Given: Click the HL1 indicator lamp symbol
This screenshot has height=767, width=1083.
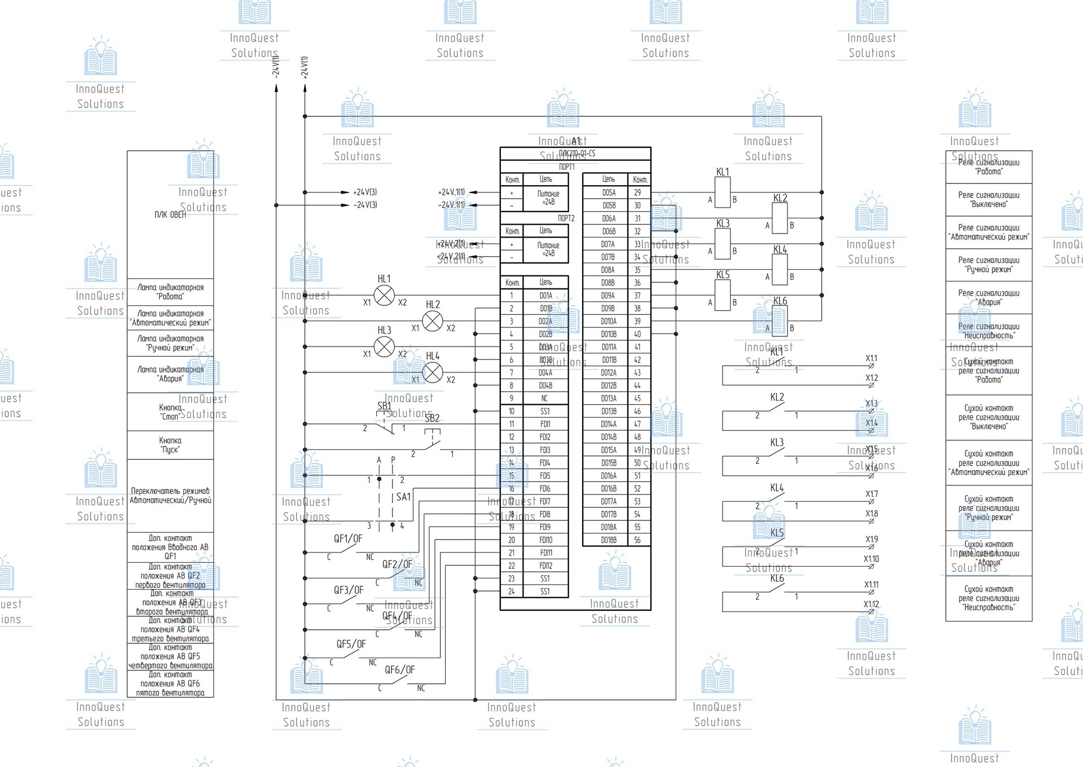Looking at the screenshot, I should pos(384,295).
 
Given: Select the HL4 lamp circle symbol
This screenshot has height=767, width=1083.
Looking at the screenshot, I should pos(433,372).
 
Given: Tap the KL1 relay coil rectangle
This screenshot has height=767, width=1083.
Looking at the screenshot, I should pos(723,192).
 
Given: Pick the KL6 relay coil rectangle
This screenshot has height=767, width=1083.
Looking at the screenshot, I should pos(780,321).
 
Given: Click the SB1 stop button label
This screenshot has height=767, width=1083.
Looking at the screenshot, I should pos(384,406).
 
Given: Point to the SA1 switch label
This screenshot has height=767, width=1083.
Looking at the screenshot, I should pos(404,497).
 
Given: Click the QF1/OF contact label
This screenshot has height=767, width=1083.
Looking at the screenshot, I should pos(348,538).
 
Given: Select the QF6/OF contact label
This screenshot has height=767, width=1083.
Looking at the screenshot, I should pos(399,670).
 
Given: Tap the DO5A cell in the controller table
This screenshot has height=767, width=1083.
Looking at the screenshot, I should pos(609,192).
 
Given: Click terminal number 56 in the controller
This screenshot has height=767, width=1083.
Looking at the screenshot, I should pos(637,540).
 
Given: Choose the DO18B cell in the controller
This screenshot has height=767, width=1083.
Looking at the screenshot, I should pos(609,540).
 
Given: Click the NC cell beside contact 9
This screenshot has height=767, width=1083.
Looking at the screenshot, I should pos(544,398).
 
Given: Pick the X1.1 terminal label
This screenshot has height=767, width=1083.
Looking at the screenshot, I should pos(871,358).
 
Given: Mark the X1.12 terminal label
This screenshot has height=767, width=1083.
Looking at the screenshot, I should pos(871,604).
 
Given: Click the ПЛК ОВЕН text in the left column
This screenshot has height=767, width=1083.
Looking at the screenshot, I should pos(170,214).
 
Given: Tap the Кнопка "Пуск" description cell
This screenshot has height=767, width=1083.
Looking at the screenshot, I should pos(170,445).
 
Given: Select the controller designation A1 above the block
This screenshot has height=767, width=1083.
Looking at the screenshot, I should pos(576,141).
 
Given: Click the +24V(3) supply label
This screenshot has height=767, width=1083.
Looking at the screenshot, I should pos(365,192).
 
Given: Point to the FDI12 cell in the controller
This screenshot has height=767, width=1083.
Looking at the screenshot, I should pos(545,566).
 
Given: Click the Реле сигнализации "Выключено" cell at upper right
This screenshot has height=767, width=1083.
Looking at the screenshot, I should pos(989,200).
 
